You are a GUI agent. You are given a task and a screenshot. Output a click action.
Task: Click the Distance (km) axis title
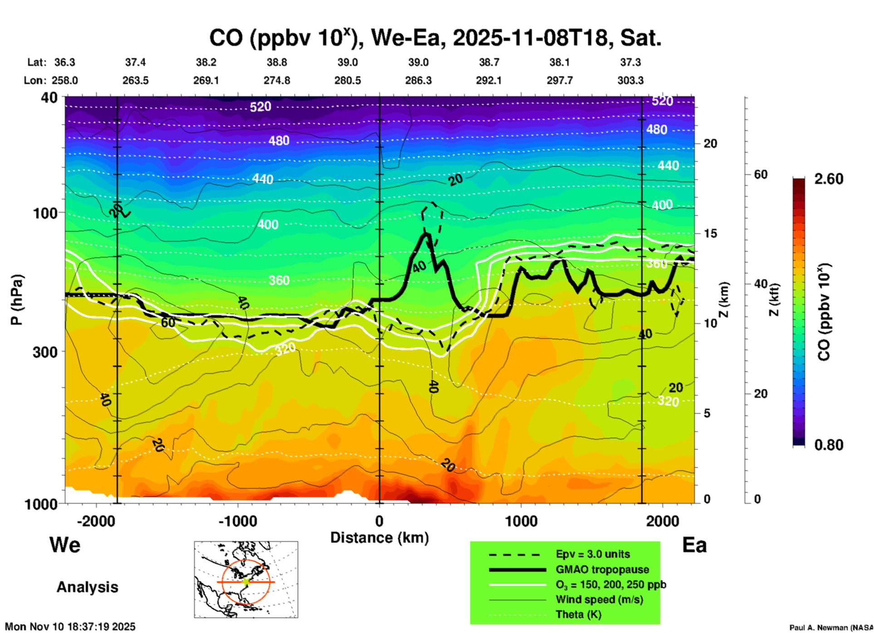coord(379,538)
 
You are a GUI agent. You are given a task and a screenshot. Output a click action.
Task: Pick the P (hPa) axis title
coord(17,300)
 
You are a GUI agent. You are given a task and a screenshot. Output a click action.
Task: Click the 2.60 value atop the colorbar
coord(829,179)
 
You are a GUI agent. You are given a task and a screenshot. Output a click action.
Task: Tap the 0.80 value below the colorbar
coord(829,445)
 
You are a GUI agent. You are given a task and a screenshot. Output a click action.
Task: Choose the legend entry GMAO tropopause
coord(602,569)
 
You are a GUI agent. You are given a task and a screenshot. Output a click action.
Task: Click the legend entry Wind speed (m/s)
coord(599,599)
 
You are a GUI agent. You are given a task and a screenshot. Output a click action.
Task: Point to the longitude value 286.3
coord(418,80)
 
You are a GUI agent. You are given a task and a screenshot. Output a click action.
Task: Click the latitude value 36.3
coord(64,62)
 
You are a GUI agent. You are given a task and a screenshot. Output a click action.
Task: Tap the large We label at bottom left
coord(65,544)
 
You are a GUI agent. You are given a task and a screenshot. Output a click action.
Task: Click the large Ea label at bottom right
coord(694,545)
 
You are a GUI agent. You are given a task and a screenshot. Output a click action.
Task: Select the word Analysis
coord(87,587)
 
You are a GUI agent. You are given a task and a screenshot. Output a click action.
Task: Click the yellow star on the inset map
coord(246,582)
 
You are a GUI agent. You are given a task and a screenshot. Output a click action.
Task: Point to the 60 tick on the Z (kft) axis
coord(761,174)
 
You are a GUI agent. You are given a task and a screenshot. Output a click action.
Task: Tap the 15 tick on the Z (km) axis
coord(710,233)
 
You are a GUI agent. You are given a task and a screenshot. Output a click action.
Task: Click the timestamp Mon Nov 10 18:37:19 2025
coord(70,627)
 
